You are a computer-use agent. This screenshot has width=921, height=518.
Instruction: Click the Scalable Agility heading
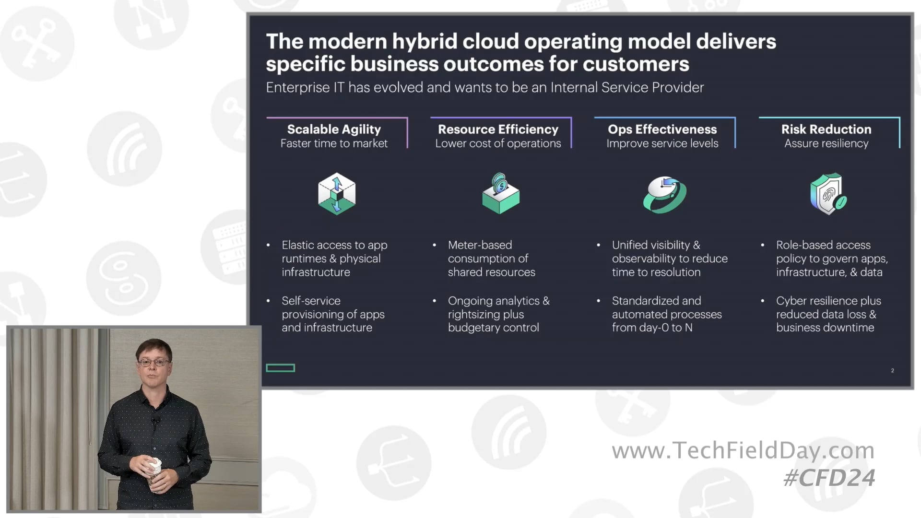[x=334, y=129]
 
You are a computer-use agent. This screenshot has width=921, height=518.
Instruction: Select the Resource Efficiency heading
[x=498, y=129]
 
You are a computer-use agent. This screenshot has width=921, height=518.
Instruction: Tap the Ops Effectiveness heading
[x=662, y=129]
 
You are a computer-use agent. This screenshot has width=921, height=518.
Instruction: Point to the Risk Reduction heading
[x=826, y=129]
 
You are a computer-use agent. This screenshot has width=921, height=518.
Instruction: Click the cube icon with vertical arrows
[x=337, y=194]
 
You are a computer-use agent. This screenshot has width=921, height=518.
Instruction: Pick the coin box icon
[x=500, y=194]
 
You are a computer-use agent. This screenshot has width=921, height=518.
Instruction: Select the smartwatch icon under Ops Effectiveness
[x=664, y=194]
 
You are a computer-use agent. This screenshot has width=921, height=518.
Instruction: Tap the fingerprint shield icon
[x=828, y=194]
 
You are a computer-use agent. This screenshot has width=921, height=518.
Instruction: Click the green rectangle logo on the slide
[x=281, y=368]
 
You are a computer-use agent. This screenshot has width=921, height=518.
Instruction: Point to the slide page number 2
[x=892, y=370]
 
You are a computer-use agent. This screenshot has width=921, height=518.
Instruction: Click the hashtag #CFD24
[x=829, y=478]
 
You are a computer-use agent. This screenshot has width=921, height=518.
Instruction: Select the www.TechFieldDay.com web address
[x=743, y=450]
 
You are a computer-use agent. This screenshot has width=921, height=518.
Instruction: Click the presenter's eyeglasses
[x=153, y=362]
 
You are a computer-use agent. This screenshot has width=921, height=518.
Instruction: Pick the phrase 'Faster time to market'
[x=334, y=143]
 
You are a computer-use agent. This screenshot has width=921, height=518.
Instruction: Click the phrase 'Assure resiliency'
[x=826, y=143]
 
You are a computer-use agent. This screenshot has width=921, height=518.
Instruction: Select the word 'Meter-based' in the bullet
[x=480, y=245]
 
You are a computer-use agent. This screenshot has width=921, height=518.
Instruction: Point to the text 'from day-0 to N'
[x=652, y=328]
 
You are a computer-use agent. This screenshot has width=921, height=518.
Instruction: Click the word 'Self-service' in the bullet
[x=311, y=301]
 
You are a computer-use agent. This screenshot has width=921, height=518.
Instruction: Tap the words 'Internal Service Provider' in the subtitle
[x=627, y=87]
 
